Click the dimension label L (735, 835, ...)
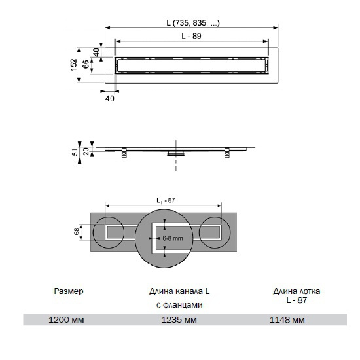(193, 23)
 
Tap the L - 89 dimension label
(191, 36)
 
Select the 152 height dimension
(73, 65)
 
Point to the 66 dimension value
(85, 64)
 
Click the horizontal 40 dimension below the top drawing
(109, 98)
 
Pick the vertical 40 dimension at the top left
(96, 52)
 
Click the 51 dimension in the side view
(75, 152)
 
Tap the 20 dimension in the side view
(86, 151)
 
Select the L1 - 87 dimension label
(166, 201)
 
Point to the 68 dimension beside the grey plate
(76, 232)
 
